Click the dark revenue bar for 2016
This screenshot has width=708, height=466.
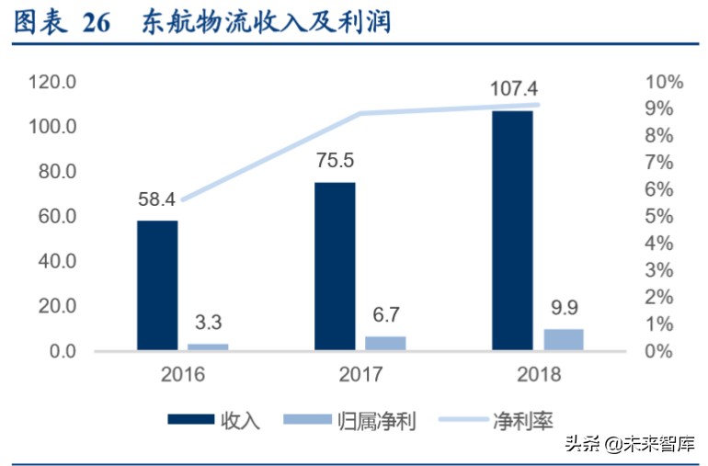pos(157,285)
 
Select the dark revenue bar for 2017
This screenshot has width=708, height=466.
pos(335,267)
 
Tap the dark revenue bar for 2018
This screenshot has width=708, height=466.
pos(512,230)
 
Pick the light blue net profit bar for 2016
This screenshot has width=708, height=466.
pos(208,347)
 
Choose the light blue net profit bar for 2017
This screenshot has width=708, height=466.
pos(385,343)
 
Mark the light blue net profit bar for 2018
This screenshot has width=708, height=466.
pos(563,339)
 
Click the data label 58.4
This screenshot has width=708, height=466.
pos(156,199)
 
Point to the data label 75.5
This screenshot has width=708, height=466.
pos(334,161)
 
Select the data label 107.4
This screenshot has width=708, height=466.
pos(512,89)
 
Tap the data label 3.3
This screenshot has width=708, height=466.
pos(208,323)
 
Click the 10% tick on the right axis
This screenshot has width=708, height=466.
pos(665,82)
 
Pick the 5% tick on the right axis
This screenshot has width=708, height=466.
pos(668,217)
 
